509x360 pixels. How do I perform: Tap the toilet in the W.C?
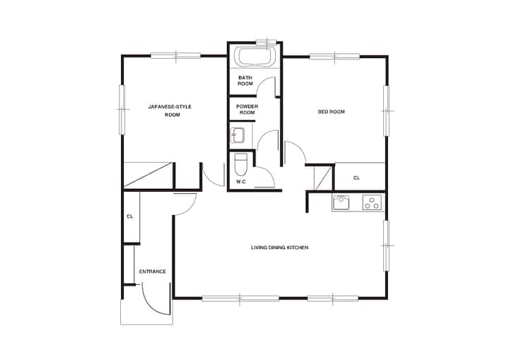[x=241, y=165]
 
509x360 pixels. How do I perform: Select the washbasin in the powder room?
[x=238, y=135]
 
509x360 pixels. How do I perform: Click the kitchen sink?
[x=341, y=203]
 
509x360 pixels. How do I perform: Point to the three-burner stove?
[x=373, y=202]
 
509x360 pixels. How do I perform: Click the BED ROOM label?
[x=331, y=112]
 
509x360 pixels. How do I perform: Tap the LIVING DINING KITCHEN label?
[x=279, y=248]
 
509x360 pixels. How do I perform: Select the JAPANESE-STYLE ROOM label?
[x=170, y=110]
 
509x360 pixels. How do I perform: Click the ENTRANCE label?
[x=152, y=272]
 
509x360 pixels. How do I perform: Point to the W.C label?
[x=240, y=182]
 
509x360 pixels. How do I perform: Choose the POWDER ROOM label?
[x=247, y=110]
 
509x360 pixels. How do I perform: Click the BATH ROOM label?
[x=245, y=81]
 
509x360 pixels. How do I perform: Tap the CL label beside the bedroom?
[x=356, y=178]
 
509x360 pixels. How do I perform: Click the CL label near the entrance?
[x=130, y=216]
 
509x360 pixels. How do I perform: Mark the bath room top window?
[x=267, y=42]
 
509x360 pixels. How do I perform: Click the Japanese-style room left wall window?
[x=122, y=110]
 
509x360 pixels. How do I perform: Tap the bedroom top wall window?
[x=334, y=57]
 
